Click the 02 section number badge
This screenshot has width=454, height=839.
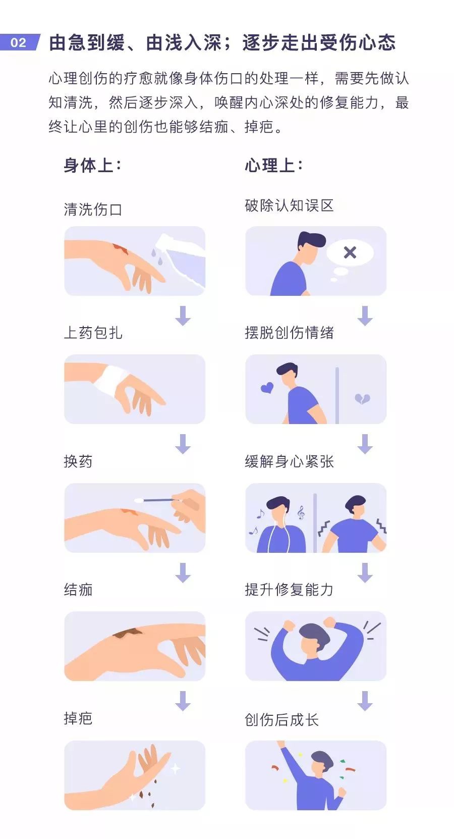19,42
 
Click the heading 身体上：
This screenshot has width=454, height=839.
93,165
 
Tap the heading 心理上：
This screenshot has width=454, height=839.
274,165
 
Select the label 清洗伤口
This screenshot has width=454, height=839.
93,209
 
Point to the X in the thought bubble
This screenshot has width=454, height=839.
350,252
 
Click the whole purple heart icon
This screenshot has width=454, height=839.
267,388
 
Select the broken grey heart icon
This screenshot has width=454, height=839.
362,399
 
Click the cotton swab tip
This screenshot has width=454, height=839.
139,500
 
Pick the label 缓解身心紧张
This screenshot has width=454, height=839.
289,461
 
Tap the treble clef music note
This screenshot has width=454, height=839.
301,513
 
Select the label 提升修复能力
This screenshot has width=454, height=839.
289,590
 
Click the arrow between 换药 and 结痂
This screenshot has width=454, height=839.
183,572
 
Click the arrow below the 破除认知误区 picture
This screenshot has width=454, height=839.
365,316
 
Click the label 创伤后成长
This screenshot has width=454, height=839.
281,720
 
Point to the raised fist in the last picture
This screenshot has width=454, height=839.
281,744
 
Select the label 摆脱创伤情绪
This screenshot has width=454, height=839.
289,333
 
